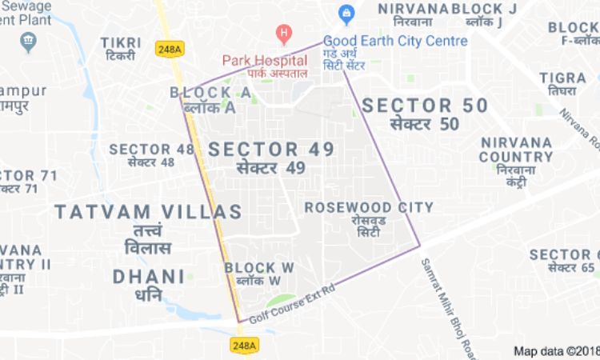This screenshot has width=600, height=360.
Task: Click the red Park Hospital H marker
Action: coord(282,34)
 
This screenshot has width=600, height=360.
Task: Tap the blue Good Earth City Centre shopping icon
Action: coord(346,14)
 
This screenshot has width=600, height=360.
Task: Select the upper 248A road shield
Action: coord(170,49)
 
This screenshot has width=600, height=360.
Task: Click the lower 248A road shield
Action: coord(245,345)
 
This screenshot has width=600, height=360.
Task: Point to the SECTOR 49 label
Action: coord(271,150)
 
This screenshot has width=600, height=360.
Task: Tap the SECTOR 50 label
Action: coord(424,106)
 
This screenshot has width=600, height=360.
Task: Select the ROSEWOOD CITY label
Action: coord(369,207)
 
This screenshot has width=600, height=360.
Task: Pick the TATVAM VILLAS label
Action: coord(148,212)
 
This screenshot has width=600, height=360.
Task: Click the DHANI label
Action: coord(149,277)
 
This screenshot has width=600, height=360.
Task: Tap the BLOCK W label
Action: coord(259,267)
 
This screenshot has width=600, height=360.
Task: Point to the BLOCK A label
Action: coord(210,94)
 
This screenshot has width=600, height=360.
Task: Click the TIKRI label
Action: coord(120,42)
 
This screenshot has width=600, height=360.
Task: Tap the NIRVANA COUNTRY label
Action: coord(516,149)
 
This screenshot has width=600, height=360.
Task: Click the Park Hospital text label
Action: coord(265,59)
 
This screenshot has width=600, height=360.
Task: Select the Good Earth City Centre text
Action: coord(396,41)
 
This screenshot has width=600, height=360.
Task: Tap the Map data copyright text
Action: coord(556,350)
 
